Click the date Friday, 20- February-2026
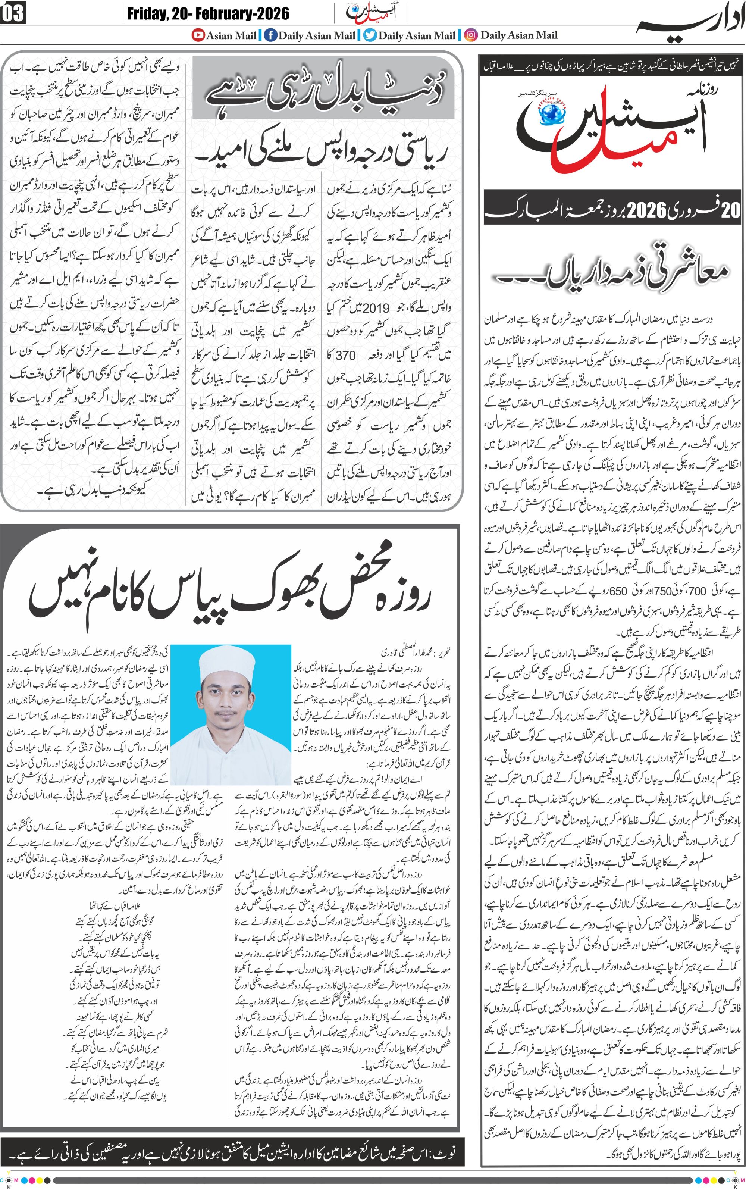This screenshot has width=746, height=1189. coord(208,13)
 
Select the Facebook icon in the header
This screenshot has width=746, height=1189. coord(270,35)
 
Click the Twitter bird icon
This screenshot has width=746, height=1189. coord(370,35)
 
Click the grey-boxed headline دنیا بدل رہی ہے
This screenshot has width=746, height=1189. coord(323,89)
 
